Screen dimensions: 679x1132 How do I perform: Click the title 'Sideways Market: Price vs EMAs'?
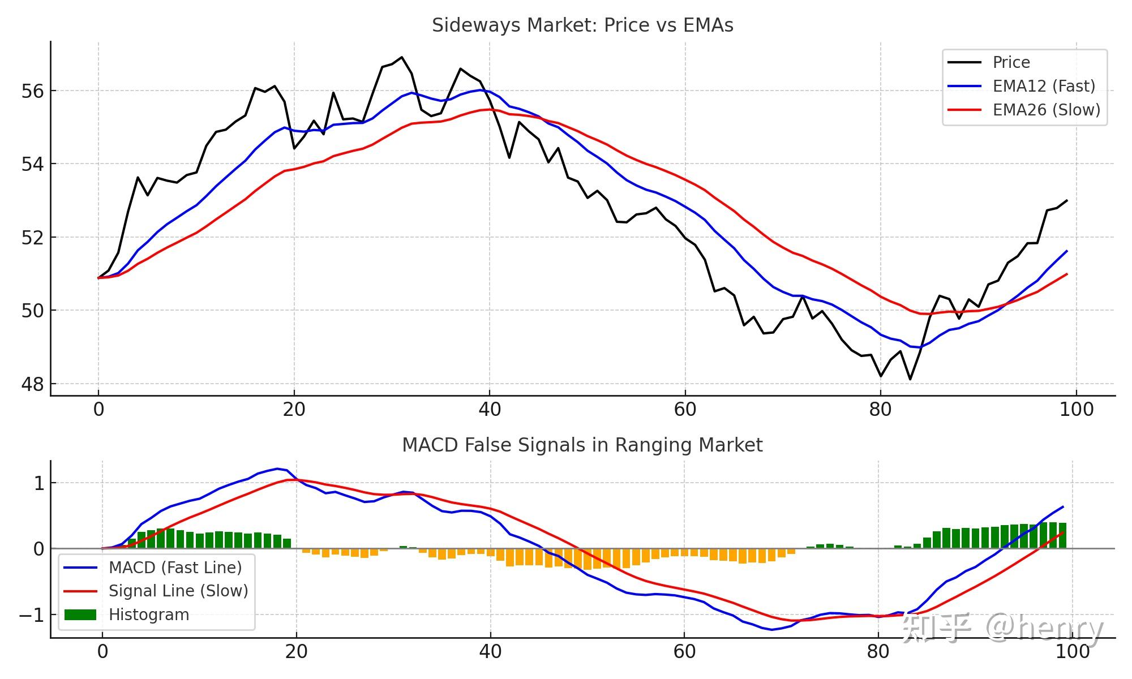(x=582, y=25)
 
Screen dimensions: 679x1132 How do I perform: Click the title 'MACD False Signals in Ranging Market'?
(x=582, y=445)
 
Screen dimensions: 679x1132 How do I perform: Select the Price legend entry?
(x=1011, y=62)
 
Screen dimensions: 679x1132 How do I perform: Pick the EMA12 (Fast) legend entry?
(x=1044, y=86)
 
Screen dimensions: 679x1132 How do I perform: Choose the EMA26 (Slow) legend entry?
(x=1046, y=110)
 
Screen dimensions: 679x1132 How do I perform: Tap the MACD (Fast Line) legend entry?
(x=175, y=568)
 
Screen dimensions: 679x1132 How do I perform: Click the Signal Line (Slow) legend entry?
(x=178, y=591)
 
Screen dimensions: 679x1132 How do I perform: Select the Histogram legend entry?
(x=149, y=614)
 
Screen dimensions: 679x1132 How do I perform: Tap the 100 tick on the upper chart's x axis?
(x=1076, y=409)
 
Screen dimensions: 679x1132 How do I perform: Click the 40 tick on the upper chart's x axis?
(x=490, y=409)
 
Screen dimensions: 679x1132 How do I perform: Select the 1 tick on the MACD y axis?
(x=38, y=483)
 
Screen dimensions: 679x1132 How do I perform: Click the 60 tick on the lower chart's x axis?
(x=684, y=651)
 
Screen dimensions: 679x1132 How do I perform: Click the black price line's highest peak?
(x=402, y=57)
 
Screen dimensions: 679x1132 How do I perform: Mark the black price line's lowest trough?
(x=910, y=379)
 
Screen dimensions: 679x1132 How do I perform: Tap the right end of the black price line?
(x=1067, y=200)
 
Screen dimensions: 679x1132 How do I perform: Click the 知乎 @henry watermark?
(x=1002, y=628)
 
